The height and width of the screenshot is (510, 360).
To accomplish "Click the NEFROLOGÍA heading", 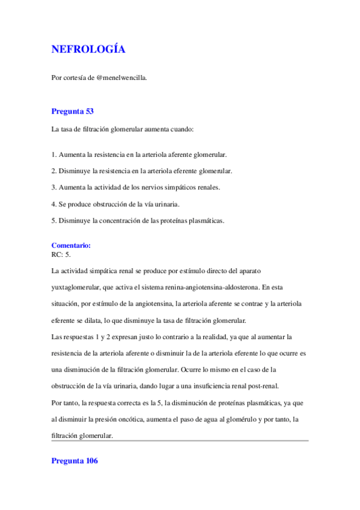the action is click(x=88, y=49).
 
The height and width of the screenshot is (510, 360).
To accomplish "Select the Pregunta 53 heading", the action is click(x=72, y=111).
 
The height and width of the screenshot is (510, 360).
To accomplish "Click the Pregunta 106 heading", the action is click(x=75, y=461).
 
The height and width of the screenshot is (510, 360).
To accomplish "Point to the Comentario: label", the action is click(x=71, y=245).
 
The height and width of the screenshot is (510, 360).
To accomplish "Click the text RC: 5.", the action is click(x=61, y=254).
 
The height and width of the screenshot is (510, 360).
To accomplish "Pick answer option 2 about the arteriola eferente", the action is click(x=142, y=171).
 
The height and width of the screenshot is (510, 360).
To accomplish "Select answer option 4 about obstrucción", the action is click(x=120, y=204).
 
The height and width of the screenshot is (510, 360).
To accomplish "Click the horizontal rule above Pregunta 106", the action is click(x=180, y=441).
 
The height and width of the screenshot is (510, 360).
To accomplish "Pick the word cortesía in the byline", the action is click(x=76, y=78).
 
